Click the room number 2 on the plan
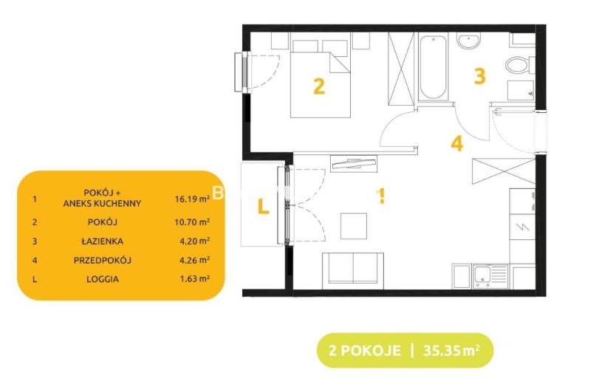(319, 86)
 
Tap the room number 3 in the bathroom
(479, 76)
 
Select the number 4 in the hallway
(457, 143)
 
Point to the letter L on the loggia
(264, 206)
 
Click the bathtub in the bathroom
(434, 67)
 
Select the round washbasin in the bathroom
(469, 41)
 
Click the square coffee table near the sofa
(354, 226)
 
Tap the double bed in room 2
(321, 78)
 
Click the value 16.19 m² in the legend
(192, 199)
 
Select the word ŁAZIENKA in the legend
(103, 241)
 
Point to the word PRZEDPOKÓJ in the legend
(103, 260)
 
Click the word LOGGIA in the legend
(103, 279)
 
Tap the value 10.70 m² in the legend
(192, 222)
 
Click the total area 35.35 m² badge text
(451, 350)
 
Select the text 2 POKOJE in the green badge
(364, 350)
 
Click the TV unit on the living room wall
(354, 163)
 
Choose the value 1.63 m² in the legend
(194, 279)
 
